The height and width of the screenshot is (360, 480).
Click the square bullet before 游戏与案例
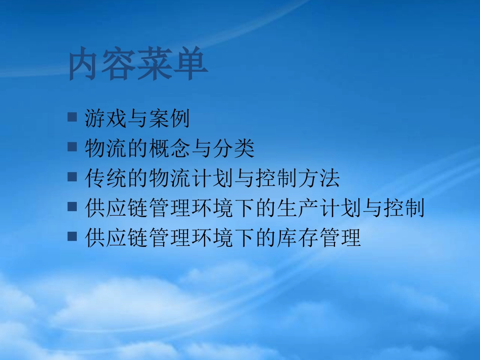click(72, 117)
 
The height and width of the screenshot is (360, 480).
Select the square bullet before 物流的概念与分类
click(72, 146)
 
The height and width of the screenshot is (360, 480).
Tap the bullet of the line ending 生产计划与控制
click(72, 205)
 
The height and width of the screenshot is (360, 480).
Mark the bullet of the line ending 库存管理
click(72, 235)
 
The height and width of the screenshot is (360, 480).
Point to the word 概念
click(169, 148)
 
